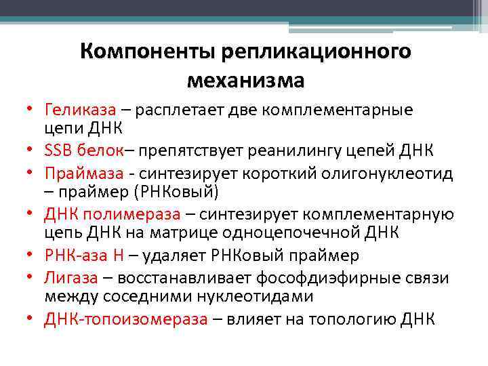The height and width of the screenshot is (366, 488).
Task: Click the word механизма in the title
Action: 245,81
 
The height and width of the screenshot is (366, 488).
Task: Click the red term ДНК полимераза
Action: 113,215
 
